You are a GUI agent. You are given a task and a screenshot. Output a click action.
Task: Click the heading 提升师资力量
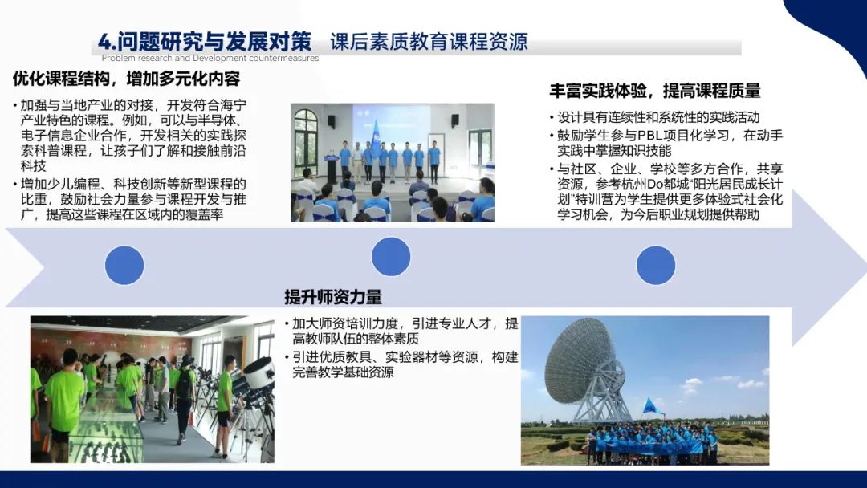[333, 297]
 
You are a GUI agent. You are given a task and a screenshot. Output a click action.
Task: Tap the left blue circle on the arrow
[124, 266]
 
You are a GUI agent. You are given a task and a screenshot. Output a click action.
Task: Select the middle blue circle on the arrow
[391, 256]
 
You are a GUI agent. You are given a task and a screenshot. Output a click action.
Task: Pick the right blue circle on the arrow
[656, 266]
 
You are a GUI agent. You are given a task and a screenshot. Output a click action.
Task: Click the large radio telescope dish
[580, 364]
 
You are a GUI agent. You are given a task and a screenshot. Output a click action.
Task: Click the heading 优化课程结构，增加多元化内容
[126, 79]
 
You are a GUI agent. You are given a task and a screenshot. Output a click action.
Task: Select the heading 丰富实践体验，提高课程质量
[655, 91]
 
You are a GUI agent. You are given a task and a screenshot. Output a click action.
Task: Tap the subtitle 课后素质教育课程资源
[429, 42]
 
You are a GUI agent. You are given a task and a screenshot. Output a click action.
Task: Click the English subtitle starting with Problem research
[210, 58]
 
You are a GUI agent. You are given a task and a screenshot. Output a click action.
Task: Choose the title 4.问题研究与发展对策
[205, 42]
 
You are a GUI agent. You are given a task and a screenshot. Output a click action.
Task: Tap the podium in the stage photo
[332, 168]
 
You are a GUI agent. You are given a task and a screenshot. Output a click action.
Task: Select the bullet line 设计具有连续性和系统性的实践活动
[658, 117]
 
